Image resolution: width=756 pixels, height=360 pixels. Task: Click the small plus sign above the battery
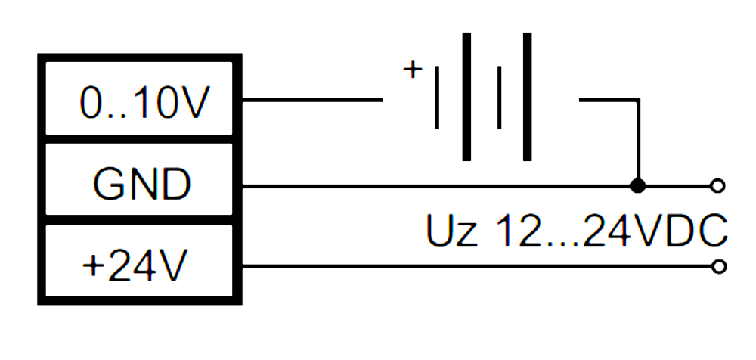412,70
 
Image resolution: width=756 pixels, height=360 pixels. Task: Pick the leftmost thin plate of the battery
438,98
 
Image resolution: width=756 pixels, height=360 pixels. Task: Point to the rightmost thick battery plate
527,96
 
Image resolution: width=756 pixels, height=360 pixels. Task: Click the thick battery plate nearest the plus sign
467,96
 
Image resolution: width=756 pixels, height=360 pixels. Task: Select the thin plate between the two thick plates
499,98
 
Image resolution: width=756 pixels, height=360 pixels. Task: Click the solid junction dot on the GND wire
638,185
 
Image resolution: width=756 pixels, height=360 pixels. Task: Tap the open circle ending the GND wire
719,185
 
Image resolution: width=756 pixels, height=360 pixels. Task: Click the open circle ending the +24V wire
719,266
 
